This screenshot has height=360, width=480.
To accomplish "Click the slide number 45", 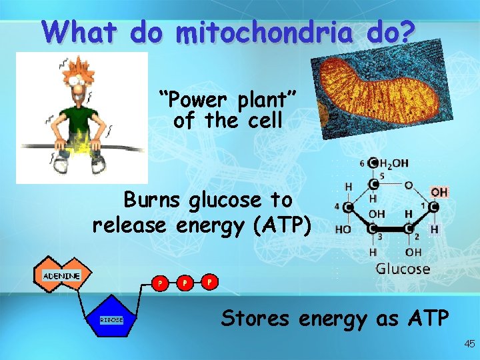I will coord(469,344).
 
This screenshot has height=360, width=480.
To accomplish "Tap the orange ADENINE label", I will coord(61,275).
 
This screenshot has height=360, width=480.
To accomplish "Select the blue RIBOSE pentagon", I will coord(112,320).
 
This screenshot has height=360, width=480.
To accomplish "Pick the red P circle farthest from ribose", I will coord(209,281).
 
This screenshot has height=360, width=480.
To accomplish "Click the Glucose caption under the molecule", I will coord(403,269).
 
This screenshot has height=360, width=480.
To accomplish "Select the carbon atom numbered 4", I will coord(348,207).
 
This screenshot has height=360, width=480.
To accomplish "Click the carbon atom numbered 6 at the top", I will coord(372,163).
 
